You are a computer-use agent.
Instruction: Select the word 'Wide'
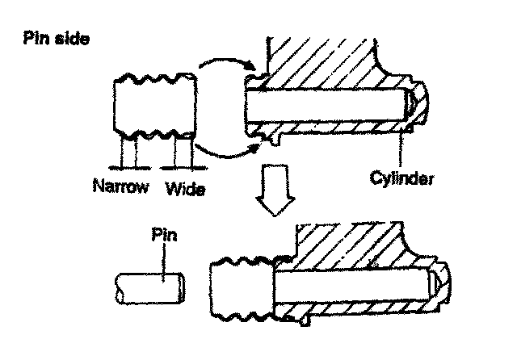pyautogui.click(x=186, y=191)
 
